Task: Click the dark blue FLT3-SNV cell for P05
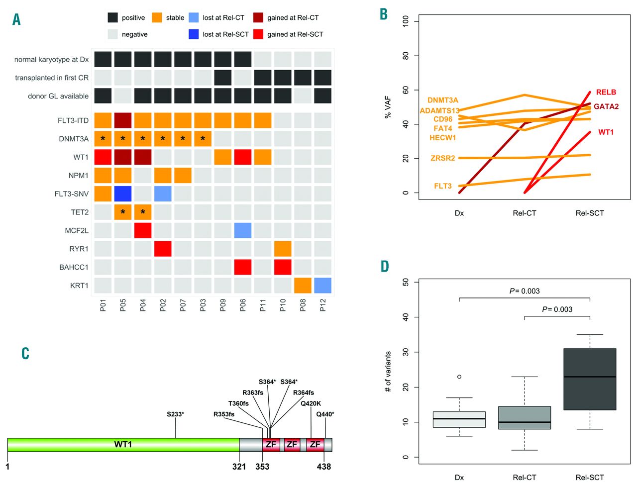point(123,194)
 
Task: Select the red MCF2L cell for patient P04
point(143,230)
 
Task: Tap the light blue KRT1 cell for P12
point(322,286)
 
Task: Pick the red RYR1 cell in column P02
point(163,249)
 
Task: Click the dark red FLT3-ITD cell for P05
point(123,120)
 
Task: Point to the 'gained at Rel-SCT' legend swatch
point(258,34)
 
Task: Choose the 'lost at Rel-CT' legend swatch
point(194,17)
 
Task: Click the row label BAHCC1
point(74,267)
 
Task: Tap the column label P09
point(223,305)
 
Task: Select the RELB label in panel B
point(606,92)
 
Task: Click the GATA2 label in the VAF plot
point(606,106)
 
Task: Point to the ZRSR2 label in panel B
point(442,158)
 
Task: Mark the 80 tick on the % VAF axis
point(406,56)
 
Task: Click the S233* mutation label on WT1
point(175,414)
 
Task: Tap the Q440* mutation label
point(325,414)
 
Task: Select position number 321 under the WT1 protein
point(239,467)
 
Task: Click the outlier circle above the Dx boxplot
point(459,377)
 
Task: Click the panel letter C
point(25,353)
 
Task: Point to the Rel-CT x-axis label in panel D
point(525,477)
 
